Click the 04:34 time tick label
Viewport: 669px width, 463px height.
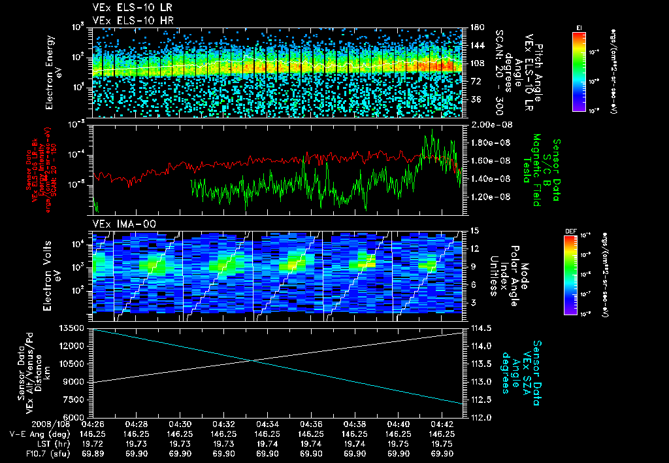[x=268, y=424]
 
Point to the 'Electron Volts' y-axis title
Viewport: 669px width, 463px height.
[x=50, y=269]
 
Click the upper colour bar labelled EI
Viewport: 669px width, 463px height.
[x=579, y=70]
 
